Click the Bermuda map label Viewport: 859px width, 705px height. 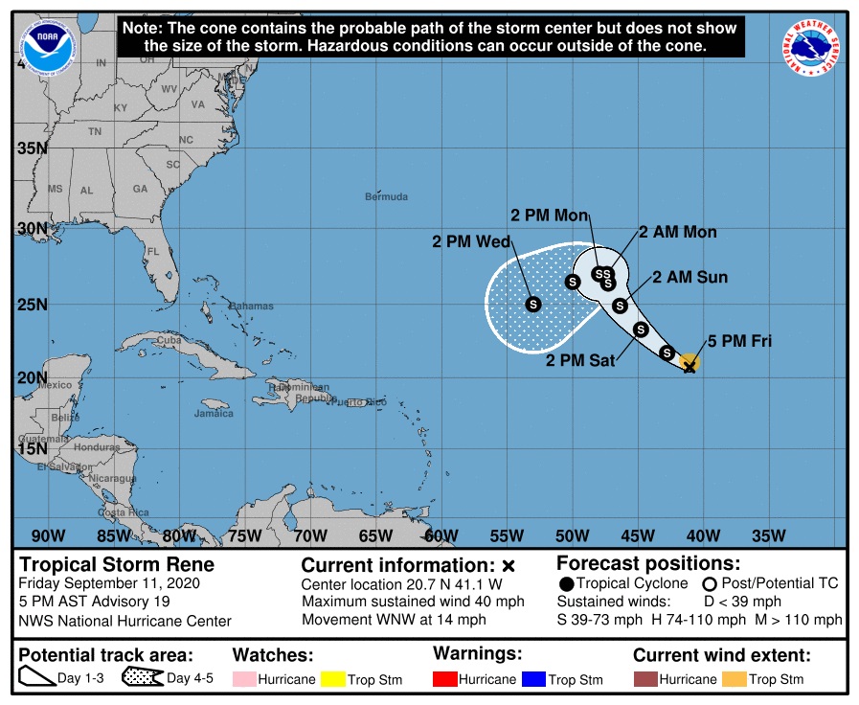(386, 197)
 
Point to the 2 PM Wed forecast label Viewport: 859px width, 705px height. (470, 242)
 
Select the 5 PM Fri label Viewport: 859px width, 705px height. (739, 341)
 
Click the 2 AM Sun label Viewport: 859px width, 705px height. (689, 278)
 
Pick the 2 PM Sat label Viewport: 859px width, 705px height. (580, 361)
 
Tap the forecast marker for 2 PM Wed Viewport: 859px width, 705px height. (533, 304)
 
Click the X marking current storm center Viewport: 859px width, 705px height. (689, 366)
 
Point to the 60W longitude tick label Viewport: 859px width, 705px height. (441, 534)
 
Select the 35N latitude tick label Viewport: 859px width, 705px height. (31, 148)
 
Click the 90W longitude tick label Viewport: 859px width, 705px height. (48, 534)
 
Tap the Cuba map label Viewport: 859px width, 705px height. (169, 340)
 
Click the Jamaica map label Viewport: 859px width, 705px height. (213, 414)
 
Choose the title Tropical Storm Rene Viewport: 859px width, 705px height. (117, 564)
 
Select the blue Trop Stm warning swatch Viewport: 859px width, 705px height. (532, 679)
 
